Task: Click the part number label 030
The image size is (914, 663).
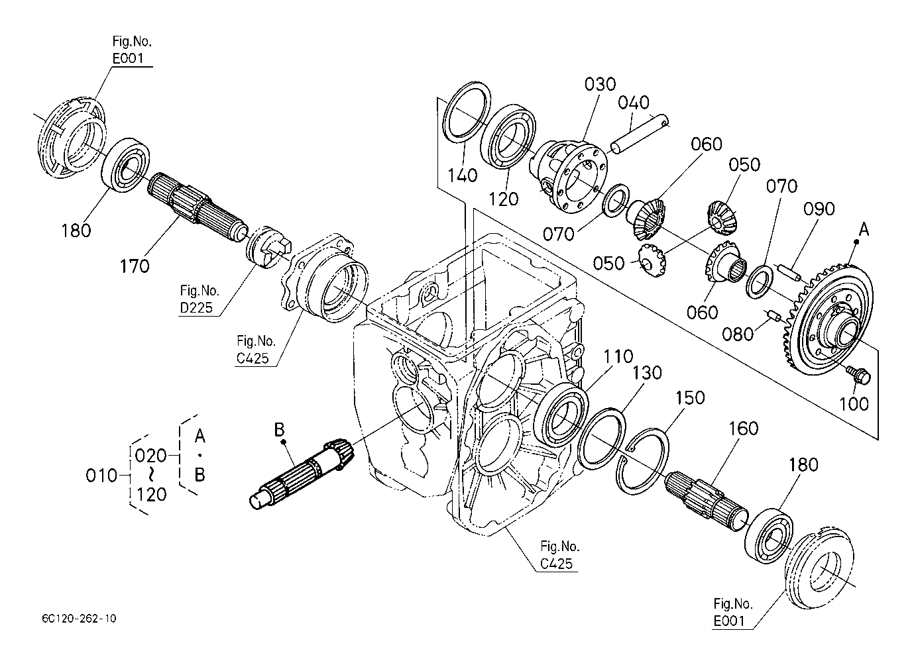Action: [x=600, y=84]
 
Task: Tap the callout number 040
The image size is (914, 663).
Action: [x=633, y=103]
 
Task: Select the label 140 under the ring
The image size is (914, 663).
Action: [x=463, y=176]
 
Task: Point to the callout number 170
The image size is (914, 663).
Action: [x=135, y=267]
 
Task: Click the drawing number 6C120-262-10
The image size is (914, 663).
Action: [x=79, y=619]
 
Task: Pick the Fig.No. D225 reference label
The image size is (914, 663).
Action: [x=199, y=299]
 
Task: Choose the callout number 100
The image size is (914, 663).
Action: [x=854, y=404]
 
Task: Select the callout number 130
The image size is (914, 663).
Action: [x=647, y=373]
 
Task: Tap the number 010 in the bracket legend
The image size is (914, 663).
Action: [x=101, y=476]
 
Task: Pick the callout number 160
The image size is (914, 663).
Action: [x=743, y=429]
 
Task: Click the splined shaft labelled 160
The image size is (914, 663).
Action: [x=706, y=500]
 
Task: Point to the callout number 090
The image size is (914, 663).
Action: [x=819, y=209]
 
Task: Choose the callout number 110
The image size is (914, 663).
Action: [x=618, y=356]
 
